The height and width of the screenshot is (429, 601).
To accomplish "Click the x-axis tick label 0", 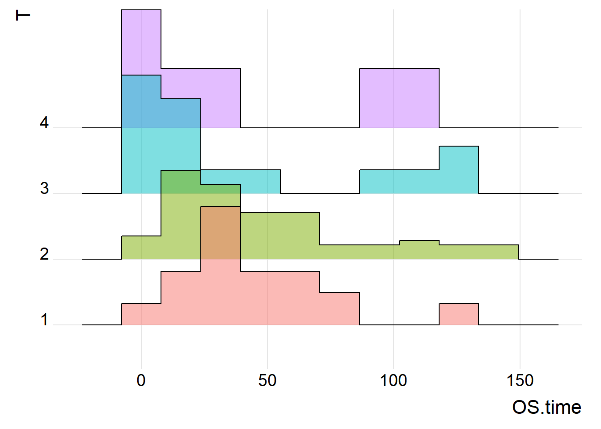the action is tap(141, 380).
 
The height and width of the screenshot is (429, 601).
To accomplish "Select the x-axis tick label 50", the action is tap(267, 380).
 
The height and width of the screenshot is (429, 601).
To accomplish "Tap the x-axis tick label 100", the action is tap(394, 380).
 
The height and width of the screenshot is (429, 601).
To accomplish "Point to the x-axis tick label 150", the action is tap(520, 380).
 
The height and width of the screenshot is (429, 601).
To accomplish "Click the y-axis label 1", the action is tap(45, 320).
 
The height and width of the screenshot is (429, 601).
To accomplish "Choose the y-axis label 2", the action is tap(45, 254).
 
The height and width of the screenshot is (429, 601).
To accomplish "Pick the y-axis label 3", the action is tap(45, 188).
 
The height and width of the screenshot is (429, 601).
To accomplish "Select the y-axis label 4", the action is tap(44, 122).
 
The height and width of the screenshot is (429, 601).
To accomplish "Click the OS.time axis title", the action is tap(547, 407).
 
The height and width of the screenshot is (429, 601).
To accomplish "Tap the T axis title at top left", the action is tap(23, 15).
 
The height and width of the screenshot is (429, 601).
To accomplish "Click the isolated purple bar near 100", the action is tap(399, 98).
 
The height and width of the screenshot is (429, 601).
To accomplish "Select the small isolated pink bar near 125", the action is tap(459, 314).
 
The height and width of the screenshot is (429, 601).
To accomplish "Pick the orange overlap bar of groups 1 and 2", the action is tap(220, 233).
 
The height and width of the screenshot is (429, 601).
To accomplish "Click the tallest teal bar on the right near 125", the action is tap(459, 170).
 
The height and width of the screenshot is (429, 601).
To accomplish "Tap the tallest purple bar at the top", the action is tap(141, 42).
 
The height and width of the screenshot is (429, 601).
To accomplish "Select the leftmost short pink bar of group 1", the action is tap(141, 314).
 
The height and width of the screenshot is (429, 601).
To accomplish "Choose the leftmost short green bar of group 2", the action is tap(141, 248).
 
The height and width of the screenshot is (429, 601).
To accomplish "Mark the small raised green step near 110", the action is tap(419, 243).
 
